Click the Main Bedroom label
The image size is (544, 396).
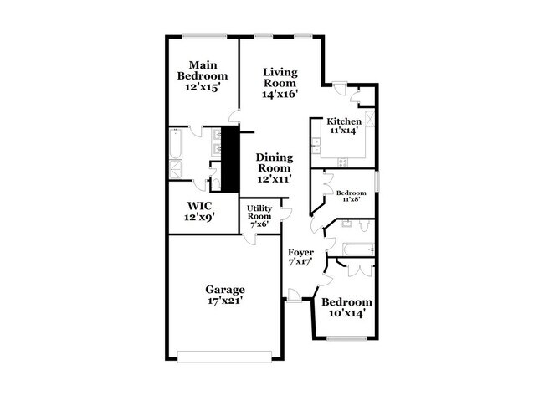(x=203, y=70)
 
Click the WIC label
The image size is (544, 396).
(x=199, y=206)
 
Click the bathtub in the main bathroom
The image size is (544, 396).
(x=173, y=143)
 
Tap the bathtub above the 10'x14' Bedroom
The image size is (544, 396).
(x=357, y=248)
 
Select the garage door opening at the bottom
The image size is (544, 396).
(x=226, y=358)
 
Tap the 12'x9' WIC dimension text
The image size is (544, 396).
(x=199, y=218)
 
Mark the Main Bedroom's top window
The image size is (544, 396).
(x=204, y=35)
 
